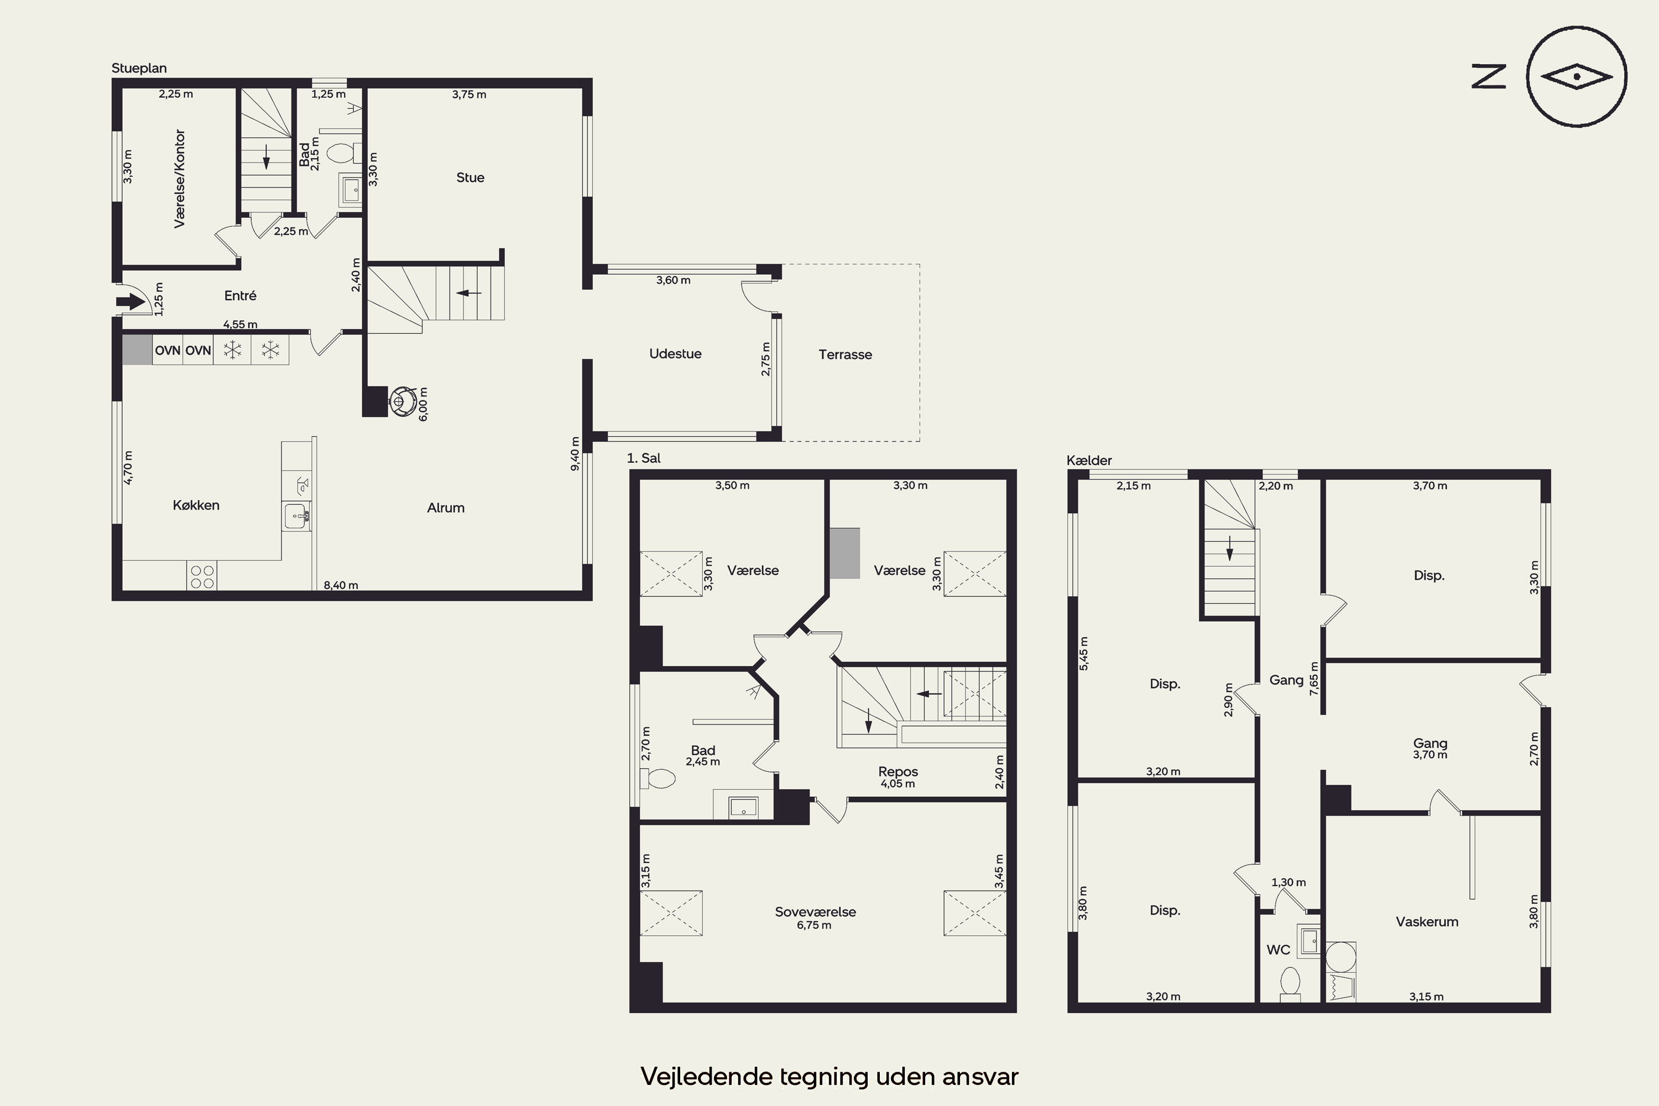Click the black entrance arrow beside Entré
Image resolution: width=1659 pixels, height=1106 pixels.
tap(131, 302)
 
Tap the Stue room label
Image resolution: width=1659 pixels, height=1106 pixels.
tap(471, 178)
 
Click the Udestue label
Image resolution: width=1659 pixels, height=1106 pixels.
tap(675, 354)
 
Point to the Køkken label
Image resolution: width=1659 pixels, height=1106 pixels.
tap(196, 505)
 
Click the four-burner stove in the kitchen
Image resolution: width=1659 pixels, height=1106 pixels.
tap(202, 576)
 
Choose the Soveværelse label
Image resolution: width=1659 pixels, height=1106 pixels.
tap(815, 911)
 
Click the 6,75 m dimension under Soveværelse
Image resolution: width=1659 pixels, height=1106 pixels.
tap(814, 925)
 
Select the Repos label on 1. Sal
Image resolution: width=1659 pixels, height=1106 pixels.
tap(898, 771)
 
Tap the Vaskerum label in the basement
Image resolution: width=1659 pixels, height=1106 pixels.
tap(1427, 922)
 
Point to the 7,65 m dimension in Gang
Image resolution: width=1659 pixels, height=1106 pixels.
tap(1314, 679)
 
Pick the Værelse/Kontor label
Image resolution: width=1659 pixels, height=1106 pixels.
tap(180, 179)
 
